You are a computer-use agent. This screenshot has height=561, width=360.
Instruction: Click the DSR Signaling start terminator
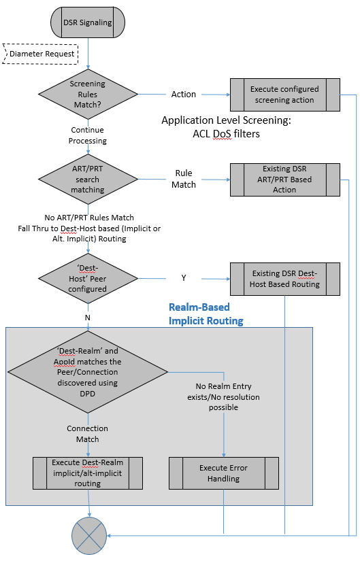88,22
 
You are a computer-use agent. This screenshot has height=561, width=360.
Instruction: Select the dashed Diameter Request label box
40,53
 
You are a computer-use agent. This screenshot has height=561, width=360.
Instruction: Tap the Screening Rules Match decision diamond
88,94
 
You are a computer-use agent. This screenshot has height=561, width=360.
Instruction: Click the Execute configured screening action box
284,95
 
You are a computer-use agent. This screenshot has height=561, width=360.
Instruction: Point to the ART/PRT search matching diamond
88,179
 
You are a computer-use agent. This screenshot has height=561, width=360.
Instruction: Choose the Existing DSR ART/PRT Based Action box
284,179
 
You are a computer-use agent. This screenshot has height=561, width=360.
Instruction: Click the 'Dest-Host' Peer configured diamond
88,278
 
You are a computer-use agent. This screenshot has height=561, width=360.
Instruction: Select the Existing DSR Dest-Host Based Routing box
284,279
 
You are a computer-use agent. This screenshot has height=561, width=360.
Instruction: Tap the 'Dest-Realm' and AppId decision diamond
88,373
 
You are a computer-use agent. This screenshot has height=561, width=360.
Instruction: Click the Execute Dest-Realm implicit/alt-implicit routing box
88,473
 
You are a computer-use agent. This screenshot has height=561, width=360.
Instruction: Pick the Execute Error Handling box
224,473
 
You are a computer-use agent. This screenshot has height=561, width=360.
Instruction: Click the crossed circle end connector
88,537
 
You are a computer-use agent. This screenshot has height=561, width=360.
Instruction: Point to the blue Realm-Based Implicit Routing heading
206,314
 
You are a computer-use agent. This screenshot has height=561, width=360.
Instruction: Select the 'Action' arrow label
184,95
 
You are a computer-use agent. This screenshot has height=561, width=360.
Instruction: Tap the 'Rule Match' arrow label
184,179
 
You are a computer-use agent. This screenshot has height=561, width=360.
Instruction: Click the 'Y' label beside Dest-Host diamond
184,278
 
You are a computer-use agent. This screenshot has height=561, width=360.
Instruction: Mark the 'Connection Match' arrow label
88,434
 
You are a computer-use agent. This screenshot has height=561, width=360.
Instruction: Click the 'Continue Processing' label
88,135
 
